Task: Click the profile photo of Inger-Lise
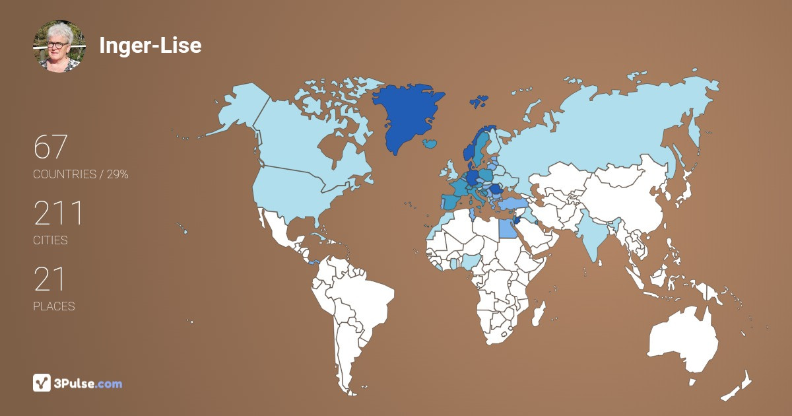click(59, 46)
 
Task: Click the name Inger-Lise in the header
click(150, 45)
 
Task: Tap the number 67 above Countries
click(51, 147)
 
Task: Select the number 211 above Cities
click(59, 213)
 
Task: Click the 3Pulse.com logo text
click(88, 383)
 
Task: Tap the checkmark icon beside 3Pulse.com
click(42, 383)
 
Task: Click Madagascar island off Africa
click(539, 313)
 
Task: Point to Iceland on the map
click(431, 143)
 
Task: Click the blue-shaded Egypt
click(507, 228)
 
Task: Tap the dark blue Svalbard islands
click(479, 102)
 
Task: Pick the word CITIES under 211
click(50, 240)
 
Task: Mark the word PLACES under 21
click(53, 306)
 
